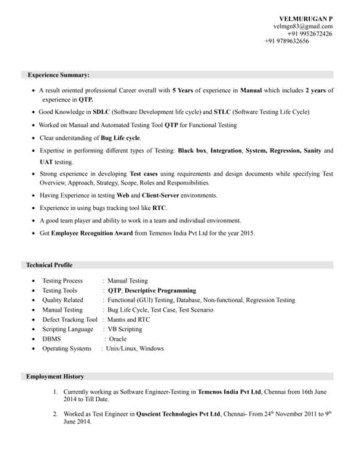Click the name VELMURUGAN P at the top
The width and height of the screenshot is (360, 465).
(306, 17)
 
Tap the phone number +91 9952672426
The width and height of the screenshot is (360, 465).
(310, 33)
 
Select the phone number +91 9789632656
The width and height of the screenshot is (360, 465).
(287, 41)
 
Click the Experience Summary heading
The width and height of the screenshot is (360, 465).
(59, 75)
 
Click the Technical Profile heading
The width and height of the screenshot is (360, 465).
(49, 265)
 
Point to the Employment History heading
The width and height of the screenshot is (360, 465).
(55, 376)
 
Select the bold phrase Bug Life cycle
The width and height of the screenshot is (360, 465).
(121, 137)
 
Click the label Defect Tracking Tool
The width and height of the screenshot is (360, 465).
(70, 319)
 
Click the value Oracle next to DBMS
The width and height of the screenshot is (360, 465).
(118, 339)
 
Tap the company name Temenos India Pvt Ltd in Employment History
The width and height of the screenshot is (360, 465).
(231, 392)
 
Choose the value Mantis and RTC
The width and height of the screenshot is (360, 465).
(129, 319)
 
